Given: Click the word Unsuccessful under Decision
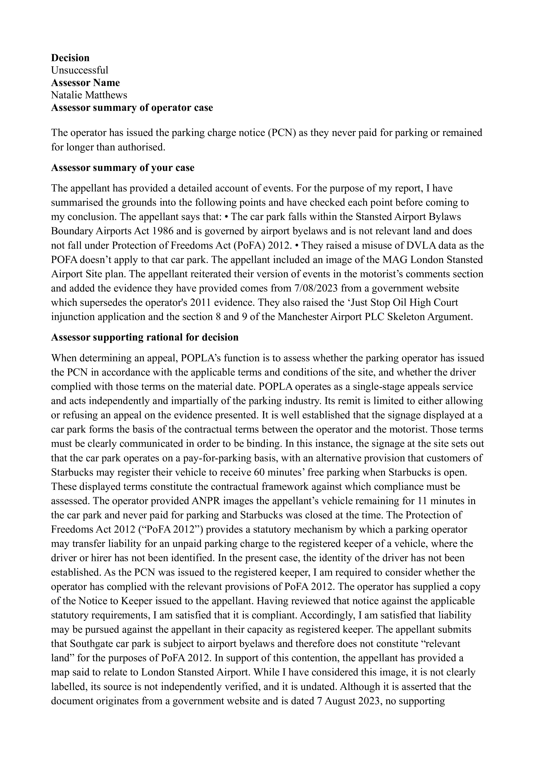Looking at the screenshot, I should pyautogui.click(x=80, y=70).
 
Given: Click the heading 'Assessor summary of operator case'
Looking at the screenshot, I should pyautogui.click(x=132, y=108).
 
